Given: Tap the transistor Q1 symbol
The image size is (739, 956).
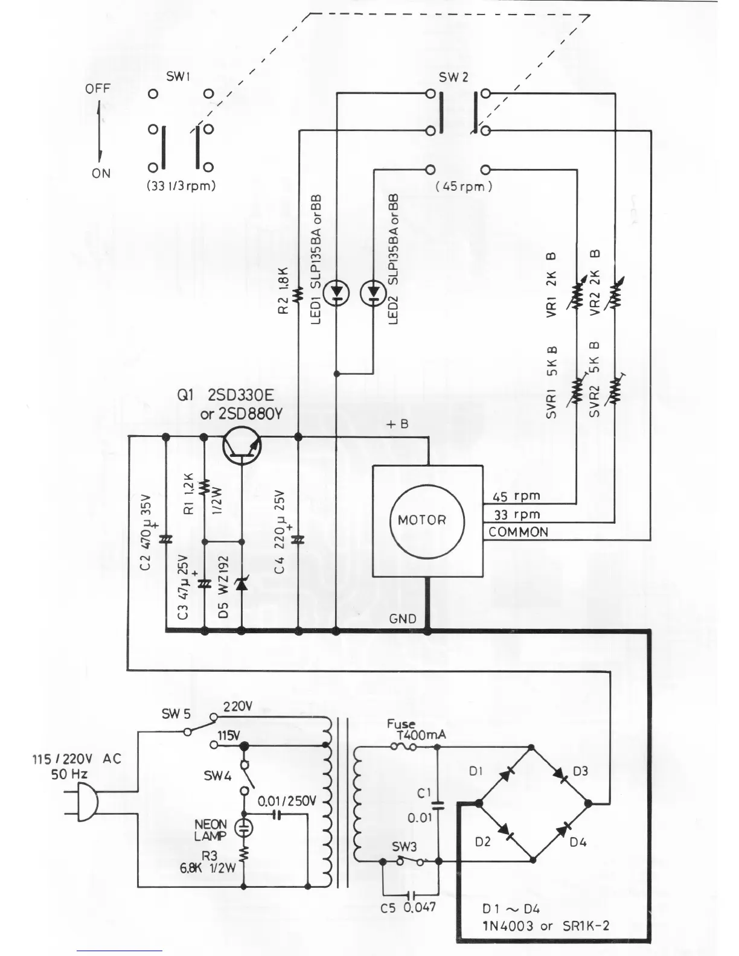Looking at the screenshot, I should [242, 446].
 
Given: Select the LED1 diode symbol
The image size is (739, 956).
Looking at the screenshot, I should [336, 293].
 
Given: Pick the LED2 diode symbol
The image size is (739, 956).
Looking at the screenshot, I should [373, 293].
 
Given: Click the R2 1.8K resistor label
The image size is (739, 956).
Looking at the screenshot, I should [284, 291].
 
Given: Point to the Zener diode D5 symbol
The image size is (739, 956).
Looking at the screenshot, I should [242, 584].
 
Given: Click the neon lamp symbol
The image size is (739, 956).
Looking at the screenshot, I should [244, 828].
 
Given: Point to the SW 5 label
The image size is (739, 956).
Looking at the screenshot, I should [176, 714].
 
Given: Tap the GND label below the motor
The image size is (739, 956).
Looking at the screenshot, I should [402, 619].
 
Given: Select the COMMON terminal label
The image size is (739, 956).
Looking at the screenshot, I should [518, 532].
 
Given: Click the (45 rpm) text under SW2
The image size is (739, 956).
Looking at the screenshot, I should [464, 186].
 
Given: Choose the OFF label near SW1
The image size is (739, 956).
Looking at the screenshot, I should [98, 89].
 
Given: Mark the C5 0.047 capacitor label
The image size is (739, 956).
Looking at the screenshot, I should [408, 907].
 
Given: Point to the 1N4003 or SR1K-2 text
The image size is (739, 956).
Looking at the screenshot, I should [545, 926].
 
